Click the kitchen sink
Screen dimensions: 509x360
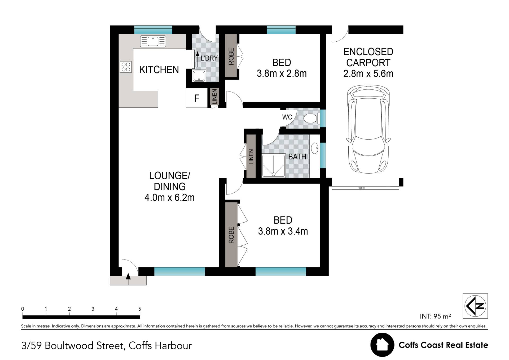pyautogui.click(x=153, y=41)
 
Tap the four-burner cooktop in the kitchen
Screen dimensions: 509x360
pyautogui.click(x=126, y=67)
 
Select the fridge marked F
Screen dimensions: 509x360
pyautogui.click(x=197, y=98)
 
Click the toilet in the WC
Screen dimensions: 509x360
pyautogui.click(x=311, y=118)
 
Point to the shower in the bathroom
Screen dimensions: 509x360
pyautogui.click(x=274, y=165)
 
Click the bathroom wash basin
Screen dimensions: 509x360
pyautogui.click(x=314, y=148)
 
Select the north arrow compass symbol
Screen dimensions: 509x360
pyautogui.click(x=475, y=306)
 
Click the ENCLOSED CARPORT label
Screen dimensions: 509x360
pyautogui.click(x=368, y=57)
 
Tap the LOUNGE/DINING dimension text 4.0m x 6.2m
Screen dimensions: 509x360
pyautogui.click(x=169, y=198)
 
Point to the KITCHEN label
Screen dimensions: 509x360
pyautogui.click(x=159, y=70)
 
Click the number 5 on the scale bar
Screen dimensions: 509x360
pyautogui.click(x=140, y=309)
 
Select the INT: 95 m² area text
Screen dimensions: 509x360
pyautogui.click(x=435, y=316)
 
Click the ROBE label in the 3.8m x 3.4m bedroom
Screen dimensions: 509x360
pyautogui.click(x=231, y=235)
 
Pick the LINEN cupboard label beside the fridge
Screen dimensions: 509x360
pyautogui.click(x=214, y=97)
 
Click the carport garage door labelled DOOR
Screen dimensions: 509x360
pyautogui.click(x=365, y=188)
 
